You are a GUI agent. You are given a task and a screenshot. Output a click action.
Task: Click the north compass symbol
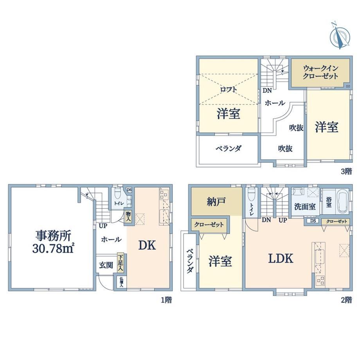click(x=340, y=36)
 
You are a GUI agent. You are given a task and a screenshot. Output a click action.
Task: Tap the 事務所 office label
click(x=53, y=236)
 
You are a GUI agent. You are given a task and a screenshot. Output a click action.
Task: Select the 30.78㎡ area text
click(x=53, y=248)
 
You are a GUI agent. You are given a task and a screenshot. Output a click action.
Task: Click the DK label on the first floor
click(x=147, y=245)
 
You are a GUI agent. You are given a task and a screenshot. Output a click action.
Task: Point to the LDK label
click(x=281, y=259)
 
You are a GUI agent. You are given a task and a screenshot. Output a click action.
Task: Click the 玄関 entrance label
click(x=106, y=265)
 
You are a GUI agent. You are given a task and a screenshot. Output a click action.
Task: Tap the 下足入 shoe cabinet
click(x=120, y=263)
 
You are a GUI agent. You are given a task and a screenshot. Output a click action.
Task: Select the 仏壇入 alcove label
click(x=121, y=283)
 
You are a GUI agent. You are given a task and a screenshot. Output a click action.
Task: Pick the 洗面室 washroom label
click(x=305, y=207)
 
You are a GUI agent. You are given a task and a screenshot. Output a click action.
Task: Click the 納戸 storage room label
click(x=216, y=202)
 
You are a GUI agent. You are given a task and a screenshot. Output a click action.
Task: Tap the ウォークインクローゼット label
click(x=320, y=72)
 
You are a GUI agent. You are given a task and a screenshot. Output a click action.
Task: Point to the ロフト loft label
click(x=229, y=89)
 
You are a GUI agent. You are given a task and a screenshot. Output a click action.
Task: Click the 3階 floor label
click(x=346, y=171)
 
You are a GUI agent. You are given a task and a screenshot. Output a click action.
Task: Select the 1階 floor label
click(x=166, y=300)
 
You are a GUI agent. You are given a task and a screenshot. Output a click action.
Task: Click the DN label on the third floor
click(x=267, y=90)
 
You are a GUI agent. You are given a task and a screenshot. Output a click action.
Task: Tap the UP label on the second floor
click(x=283, y=220)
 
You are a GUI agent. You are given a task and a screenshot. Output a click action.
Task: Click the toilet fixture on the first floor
click(x=117, y=194)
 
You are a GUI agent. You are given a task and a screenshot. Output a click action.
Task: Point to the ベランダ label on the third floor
click(x=229, y=149)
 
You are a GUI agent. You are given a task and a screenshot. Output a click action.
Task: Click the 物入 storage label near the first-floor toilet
click(x=128, y=216)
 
